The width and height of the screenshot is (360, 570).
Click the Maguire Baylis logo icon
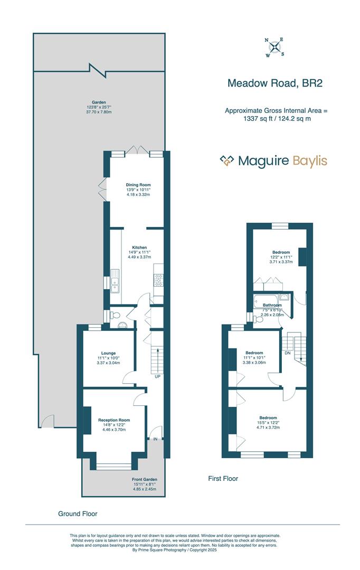[x=227, y=161]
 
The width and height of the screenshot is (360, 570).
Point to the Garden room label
[x=99, y=102]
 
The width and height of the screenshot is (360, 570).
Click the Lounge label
[x=108, y=353]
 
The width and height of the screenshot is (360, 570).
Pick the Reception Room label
[x=114, y=420]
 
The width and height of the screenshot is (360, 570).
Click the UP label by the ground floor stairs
[x=157, y=377]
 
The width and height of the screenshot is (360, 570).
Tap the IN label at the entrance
[x=155, y=439]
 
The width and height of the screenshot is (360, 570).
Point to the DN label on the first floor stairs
[x=287, y=353]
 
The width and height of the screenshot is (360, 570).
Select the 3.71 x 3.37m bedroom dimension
[x=281, y=262]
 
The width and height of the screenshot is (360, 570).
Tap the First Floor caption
[x=223, y=479]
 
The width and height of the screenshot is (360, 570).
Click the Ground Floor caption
[x=78, y=514]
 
